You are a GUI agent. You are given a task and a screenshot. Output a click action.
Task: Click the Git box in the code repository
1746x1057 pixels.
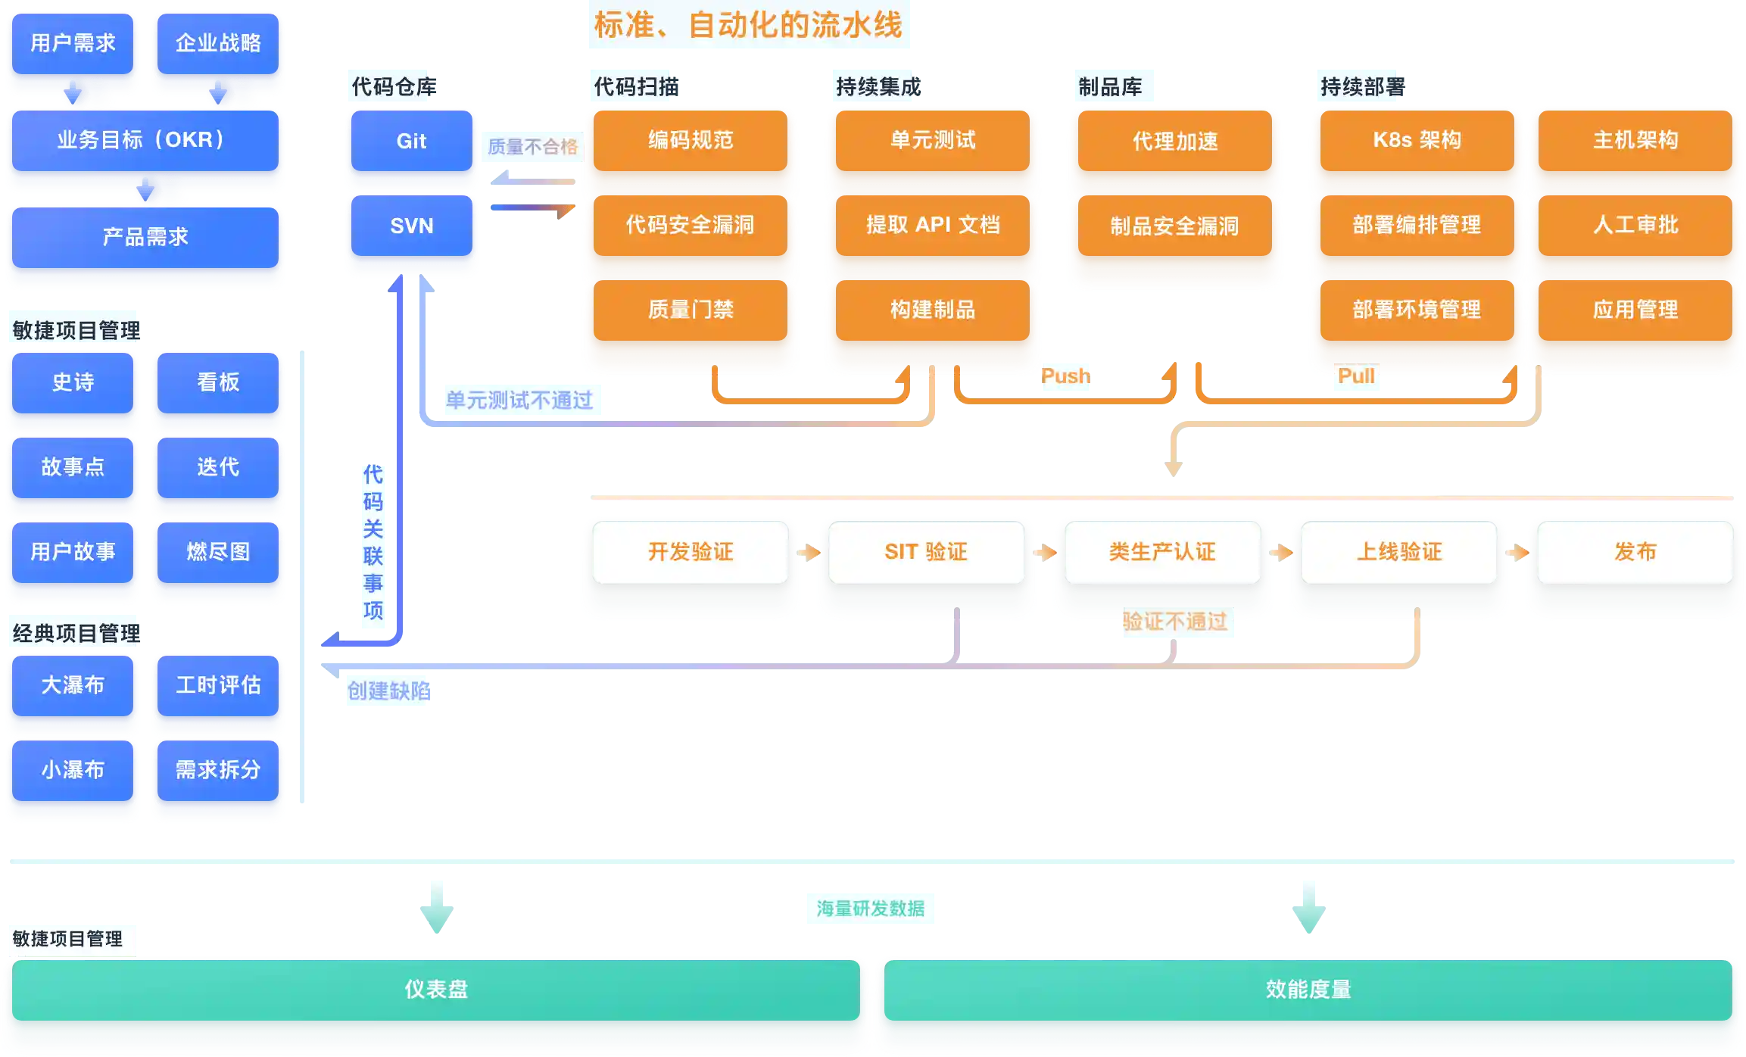pos(411,141)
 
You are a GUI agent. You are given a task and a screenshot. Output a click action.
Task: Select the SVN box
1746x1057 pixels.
pos(411,226)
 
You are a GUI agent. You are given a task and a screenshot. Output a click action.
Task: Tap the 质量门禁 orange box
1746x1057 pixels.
pos(691,310)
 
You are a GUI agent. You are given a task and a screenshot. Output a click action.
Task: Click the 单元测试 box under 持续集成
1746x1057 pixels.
pos(933,140)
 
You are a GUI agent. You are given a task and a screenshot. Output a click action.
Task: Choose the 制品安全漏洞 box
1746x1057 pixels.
pos(1174,226)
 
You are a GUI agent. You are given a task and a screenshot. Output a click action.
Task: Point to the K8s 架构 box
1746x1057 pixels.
pos(1417,140)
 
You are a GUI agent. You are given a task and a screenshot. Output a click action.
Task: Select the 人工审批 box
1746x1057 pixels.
pos(1635,225)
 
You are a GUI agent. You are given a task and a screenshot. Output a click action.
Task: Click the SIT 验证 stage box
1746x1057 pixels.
pos(926,552)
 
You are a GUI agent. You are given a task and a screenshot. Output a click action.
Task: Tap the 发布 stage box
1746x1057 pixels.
pos(1635,552)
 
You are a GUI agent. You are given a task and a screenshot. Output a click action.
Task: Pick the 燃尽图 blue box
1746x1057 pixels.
pos(218,552)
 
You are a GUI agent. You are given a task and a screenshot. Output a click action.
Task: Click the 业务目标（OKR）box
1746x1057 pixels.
pos(145,140)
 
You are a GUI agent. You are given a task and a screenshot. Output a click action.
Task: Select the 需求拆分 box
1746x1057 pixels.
pos(218,770)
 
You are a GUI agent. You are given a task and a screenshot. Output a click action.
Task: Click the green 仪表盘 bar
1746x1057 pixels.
pos(436,989)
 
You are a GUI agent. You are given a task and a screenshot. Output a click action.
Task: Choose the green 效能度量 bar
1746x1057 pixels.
pos(1308,989)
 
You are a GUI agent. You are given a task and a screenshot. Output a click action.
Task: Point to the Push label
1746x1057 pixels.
pos(1065,376)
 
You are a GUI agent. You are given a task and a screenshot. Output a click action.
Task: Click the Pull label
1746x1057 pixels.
pos(1356,376)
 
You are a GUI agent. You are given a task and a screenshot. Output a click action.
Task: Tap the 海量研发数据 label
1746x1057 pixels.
pos(871,909)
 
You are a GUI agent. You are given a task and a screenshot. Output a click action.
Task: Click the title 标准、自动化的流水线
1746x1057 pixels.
pos(750,25)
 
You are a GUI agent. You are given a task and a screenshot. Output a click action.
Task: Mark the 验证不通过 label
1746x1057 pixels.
pos(1174,622)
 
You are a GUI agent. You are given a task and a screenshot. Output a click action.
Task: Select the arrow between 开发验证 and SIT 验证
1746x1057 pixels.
pos(809,553)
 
